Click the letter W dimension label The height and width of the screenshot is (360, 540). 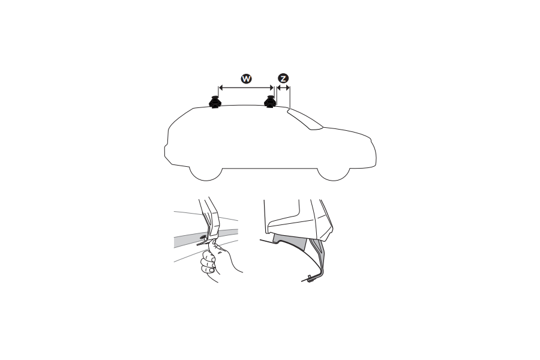(245, 78)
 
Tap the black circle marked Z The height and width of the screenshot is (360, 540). (283, 78)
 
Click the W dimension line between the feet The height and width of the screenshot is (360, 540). (245, 88)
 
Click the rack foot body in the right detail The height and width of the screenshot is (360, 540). (294, 216)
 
